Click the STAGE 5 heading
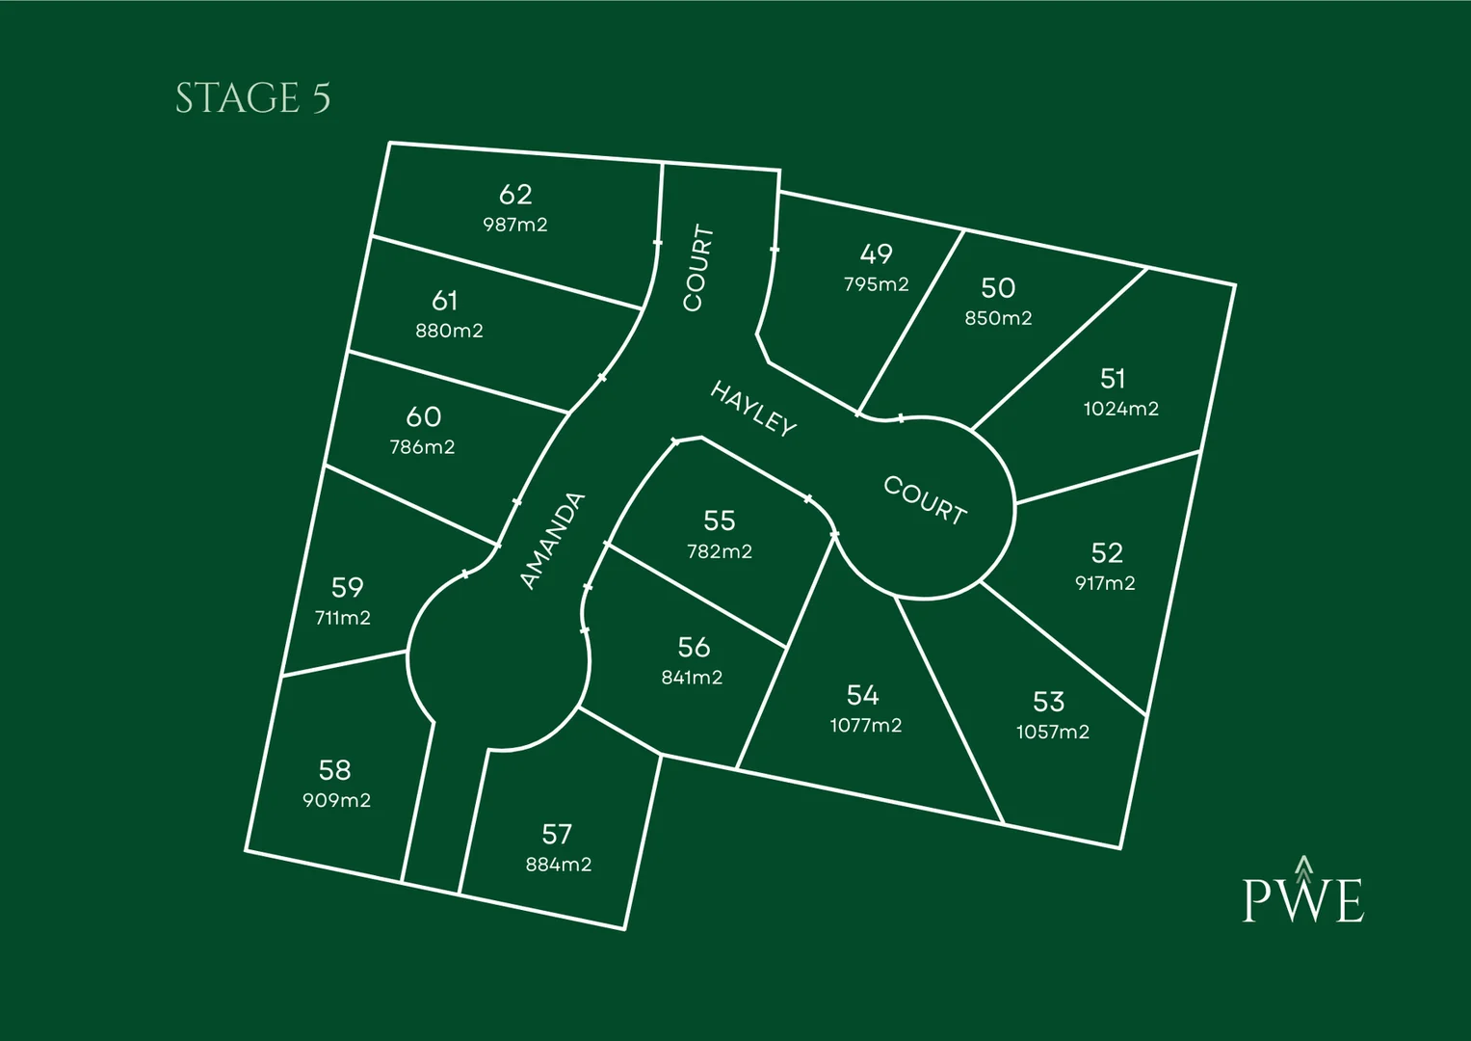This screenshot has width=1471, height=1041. [252, 98]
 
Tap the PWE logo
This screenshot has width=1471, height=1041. [1302, 893]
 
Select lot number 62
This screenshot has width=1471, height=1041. [515, 195]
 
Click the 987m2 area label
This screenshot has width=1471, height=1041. [515, 225]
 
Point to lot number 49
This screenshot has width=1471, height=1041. [876, 254]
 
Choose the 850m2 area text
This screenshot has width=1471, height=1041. [998, 318]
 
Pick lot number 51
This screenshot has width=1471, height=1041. [1113, 378]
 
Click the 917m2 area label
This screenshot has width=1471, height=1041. [1105, 583]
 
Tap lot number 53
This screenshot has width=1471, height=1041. [1048, 701]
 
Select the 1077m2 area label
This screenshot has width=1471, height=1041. [866, 725]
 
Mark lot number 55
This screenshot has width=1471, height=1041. [719, 520]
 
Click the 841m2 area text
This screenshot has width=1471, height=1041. [692, 678]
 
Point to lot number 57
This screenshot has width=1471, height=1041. [557, 834]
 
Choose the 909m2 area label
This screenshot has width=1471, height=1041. [336, 800]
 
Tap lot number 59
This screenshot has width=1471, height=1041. [347, 587]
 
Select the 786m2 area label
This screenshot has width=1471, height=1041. [422, 447]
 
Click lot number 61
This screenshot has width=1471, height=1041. [444, 301]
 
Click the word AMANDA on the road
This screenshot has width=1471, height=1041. [552, 541]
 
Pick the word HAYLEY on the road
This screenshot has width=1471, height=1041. [753, 409]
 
